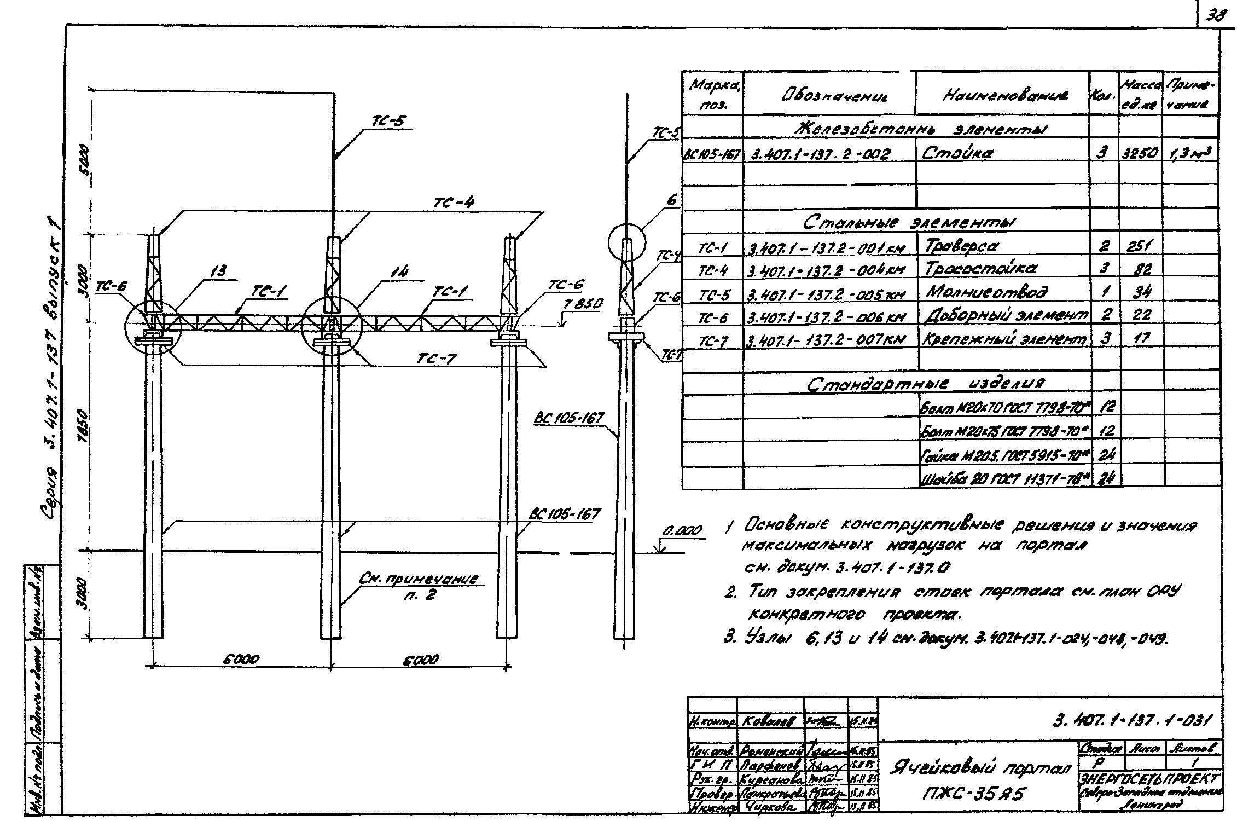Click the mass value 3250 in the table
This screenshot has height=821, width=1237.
coord(1139,154)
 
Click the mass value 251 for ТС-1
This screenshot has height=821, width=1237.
coord(1139,247)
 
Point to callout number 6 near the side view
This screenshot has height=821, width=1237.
coord(672,201)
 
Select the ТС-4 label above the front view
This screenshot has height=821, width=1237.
coord(454,203)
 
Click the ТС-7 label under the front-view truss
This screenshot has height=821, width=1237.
coord(437,358)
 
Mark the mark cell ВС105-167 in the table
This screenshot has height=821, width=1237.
coord(712,154)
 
